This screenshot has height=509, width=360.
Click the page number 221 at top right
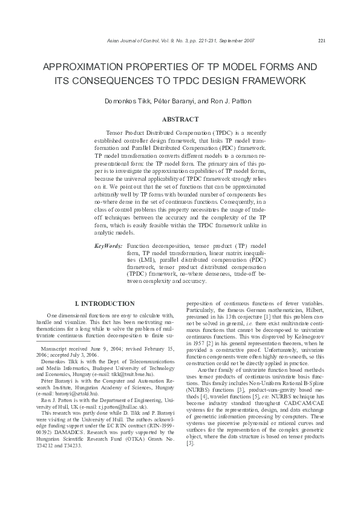click(321, 41)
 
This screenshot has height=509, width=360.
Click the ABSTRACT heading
click(180, 120)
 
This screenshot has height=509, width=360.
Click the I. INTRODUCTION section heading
click(104, 303)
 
